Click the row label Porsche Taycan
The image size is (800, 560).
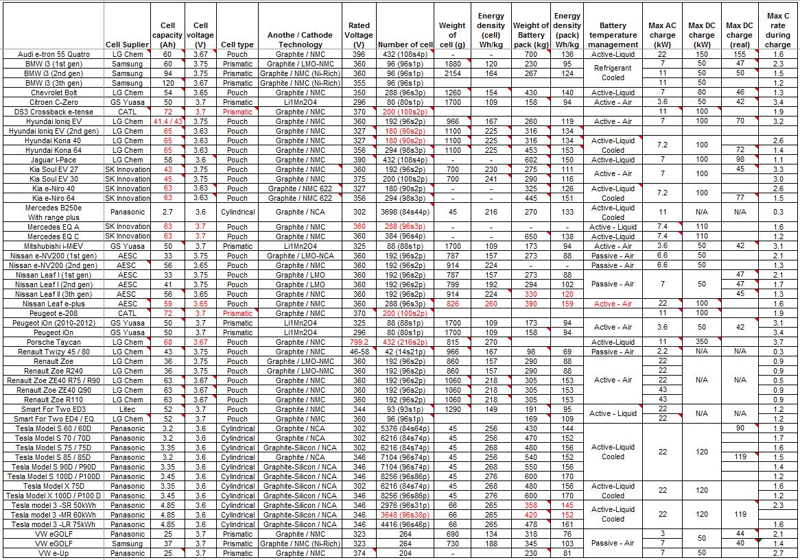54,342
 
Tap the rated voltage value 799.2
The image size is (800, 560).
360,342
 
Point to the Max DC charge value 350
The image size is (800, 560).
701,342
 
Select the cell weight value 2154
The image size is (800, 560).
452,73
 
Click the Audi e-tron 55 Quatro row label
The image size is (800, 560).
54,54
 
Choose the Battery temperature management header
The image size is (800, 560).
613,40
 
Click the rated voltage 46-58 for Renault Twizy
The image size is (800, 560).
360,352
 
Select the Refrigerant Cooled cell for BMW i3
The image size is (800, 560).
613,73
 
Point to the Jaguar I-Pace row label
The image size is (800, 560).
54,160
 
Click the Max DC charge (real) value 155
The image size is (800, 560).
739,54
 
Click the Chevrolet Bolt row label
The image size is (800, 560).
54,93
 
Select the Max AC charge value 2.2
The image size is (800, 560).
662,352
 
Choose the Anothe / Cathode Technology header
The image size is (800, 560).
300,40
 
